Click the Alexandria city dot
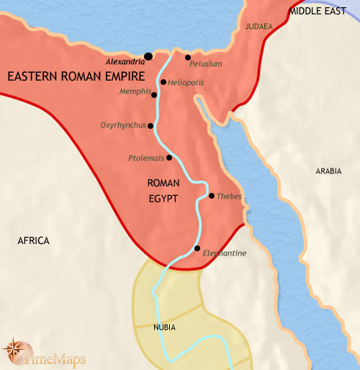point(148,55)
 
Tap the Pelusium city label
point(207,64)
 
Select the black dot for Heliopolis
point(164,82)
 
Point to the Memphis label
point(135,92)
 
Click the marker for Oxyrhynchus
point(150,125)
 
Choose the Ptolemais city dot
point(169,158)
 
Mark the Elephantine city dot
point(197,248)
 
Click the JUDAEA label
point(259,27)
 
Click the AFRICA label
point(33,240)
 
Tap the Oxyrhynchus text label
point(123,125)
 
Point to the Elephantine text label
point(225,253)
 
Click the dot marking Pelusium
point(187,57)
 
